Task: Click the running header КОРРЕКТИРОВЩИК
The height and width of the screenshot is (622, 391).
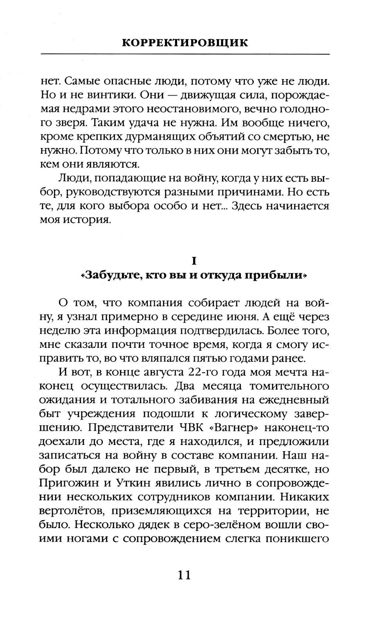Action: coord(185,43)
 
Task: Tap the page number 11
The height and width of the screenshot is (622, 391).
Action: coord(184,575)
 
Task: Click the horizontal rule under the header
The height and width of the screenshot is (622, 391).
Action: coord(185,54)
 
